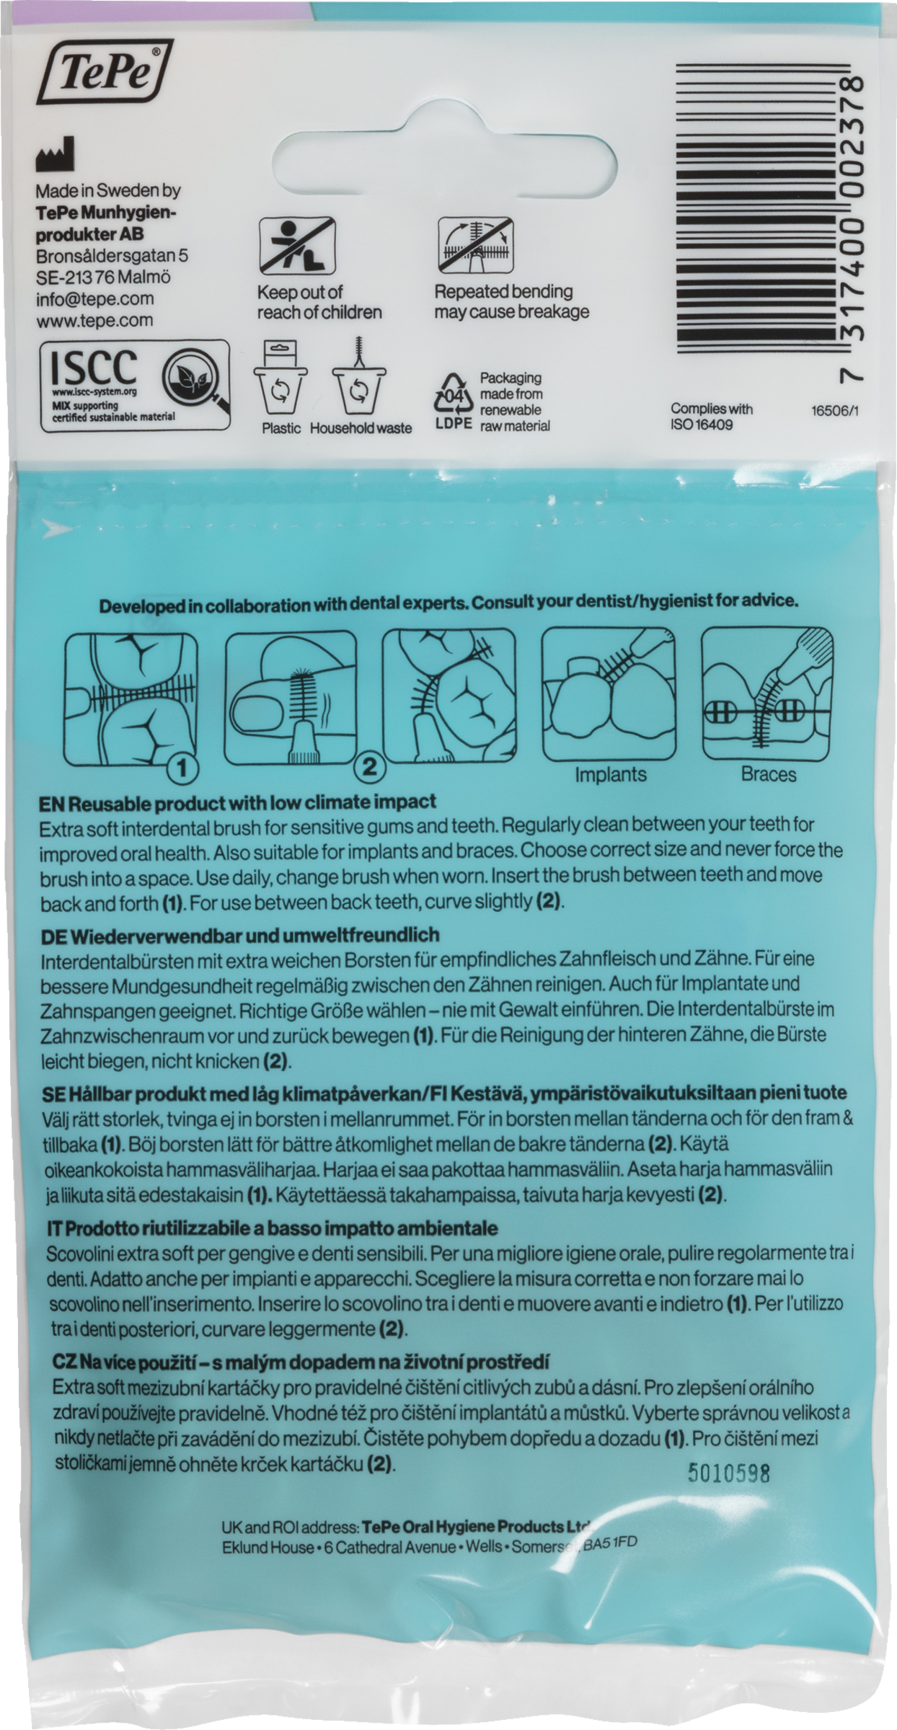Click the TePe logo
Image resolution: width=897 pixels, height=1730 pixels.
click(x=105, y=71)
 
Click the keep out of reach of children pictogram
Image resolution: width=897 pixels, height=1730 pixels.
click(x=297, y=247)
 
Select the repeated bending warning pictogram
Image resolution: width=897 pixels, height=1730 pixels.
click(x=475, y=245)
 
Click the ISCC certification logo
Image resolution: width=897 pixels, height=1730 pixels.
click(x=135, y=386)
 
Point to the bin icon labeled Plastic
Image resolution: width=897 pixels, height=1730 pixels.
click(x=280, y=381)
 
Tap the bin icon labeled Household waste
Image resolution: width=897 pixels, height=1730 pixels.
click(x=359, y=379)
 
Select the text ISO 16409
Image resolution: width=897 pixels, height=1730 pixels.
click(x=702, y=425)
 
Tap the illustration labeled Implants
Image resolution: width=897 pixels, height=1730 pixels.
click(x=609, y=694)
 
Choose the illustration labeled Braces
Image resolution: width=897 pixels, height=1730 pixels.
click(x=768, y=694)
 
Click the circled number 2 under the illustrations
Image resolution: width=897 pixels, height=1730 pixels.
click(x=370, y=766)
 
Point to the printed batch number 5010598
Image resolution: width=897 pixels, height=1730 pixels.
click(x=729, y=1472)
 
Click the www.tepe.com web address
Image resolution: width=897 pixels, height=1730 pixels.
click(x=94, y=320)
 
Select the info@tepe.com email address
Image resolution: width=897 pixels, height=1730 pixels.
click(x=95, y=298)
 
